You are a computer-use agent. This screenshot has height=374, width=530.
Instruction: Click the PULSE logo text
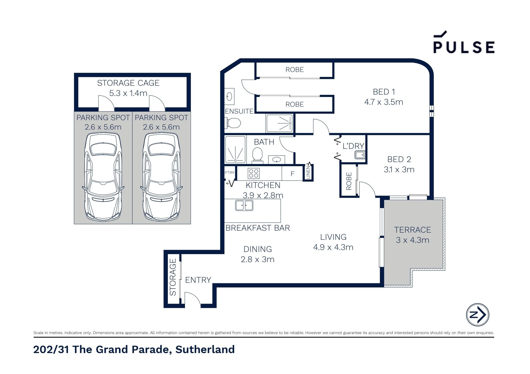464,47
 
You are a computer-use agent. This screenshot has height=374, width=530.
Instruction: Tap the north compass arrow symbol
478,314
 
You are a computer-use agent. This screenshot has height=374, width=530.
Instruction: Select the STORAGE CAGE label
128,83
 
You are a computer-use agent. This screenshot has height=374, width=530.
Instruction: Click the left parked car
103,177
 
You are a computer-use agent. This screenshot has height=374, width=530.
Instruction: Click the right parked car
161,177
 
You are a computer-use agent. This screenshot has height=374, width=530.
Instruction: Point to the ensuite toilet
233,123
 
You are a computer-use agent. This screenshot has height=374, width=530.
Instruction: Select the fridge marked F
292,174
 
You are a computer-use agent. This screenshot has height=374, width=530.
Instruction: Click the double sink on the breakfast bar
244,205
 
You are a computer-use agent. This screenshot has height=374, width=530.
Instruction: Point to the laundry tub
360,155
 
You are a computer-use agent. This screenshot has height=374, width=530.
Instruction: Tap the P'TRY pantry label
229,173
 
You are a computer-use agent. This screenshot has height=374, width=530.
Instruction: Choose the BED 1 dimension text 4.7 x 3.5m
384,102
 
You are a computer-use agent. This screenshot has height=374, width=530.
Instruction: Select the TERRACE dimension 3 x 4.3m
412,240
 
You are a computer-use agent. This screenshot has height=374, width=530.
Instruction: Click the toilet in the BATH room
257,155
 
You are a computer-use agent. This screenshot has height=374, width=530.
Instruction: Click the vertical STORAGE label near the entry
173,277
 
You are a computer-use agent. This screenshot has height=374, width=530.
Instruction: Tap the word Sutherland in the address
205,349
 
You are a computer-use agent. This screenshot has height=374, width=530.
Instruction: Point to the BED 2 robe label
349,181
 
